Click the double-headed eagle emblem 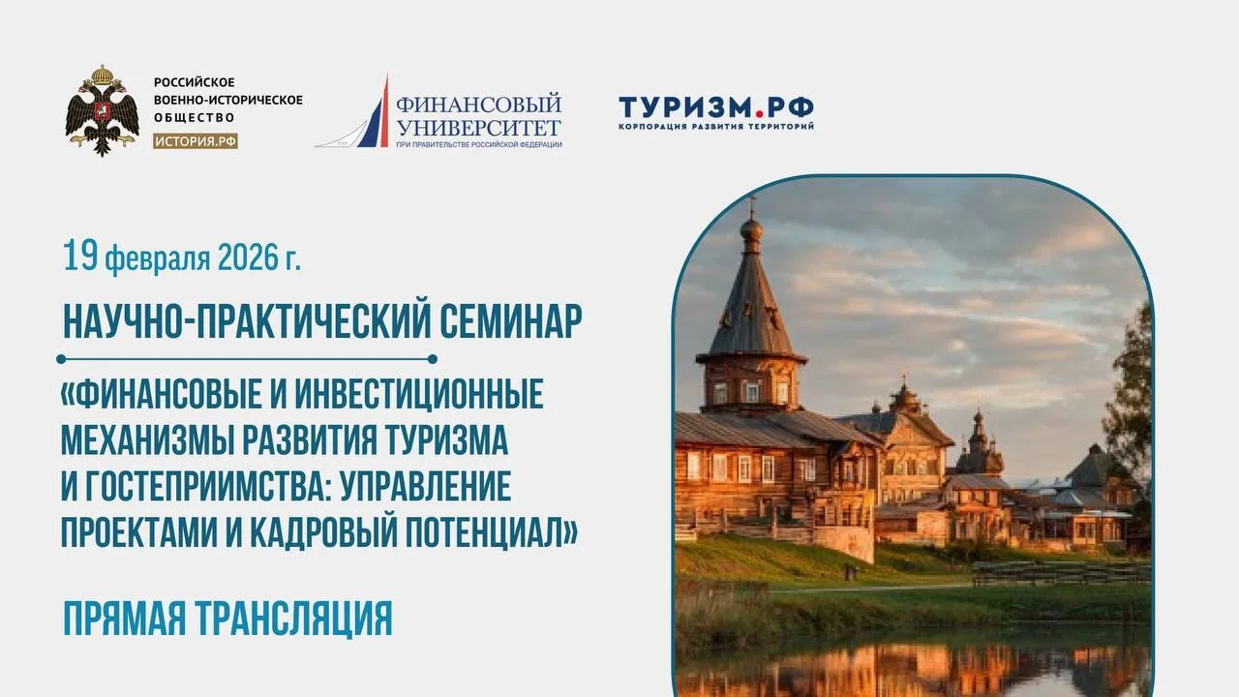click(x=103, y=110)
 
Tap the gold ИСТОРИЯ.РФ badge click(x=196, y=141)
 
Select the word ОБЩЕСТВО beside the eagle click(x=195, y=118)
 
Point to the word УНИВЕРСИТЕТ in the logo click(x=479, y=129)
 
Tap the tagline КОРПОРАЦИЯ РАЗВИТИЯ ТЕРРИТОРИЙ click(x=716, y=127)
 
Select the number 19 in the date click(x=80, y=257)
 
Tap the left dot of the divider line click(x=61, y=359)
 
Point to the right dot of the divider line click(x=433, y=359)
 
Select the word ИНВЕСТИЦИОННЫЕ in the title click(x=419, y=394)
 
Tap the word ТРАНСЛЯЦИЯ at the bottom click(x=294, y=618)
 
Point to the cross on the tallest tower click(x=751, y=206)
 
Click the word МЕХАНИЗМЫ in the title click(x=147, y=440)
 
